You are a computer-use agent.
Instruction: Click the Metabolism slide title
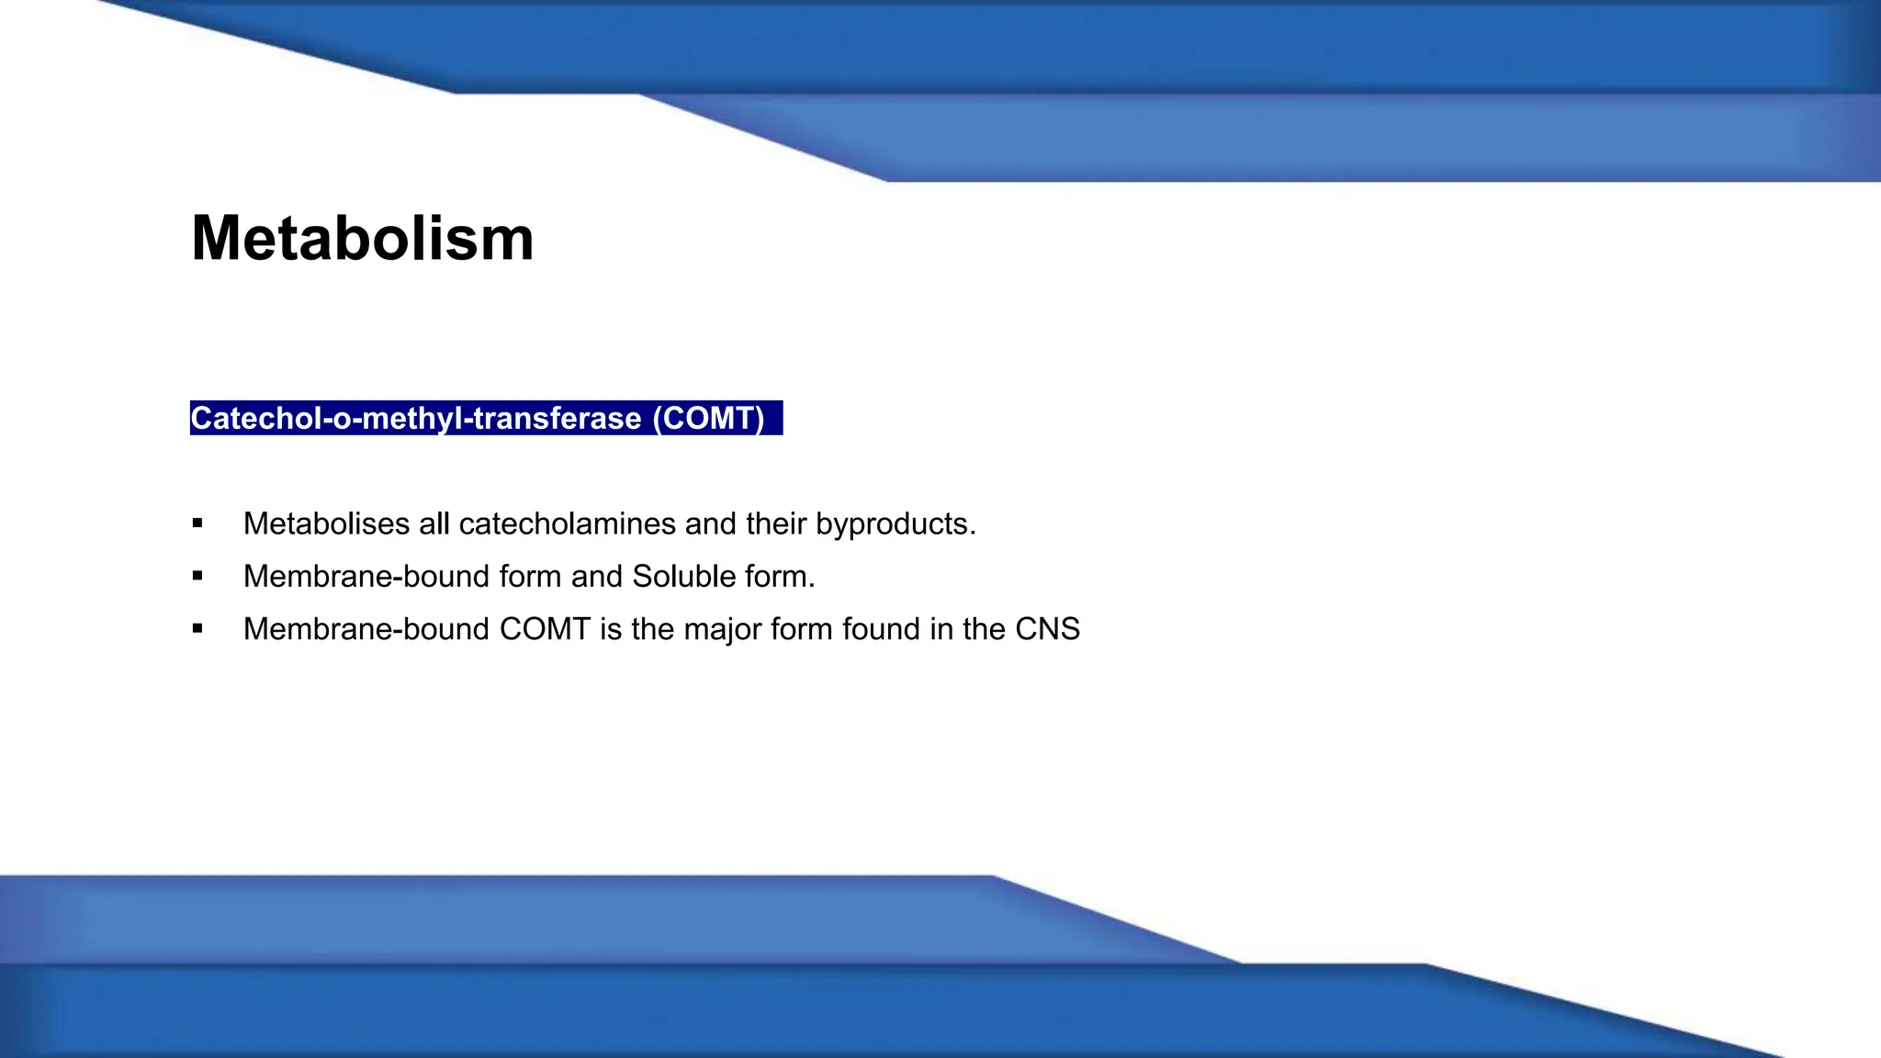pyautogui.click(x=362, y=239)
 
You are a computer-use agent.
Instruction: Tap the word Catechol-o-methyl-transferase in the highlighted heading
pyautogui.click(x=415, y=419)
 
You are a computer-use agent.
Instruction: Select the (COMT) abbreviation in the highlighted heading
pyautogui.click(x=708, y=419)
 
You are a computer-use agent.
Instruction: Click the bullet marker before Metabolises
pyautogui.click(x=197, y=523)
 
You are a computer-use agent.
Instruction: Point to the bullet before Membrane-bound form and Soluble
pyautogui.click(x=197, y=576)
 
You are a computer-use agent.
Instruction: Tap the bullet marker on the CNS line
pyautogui.click(x=197, y=629)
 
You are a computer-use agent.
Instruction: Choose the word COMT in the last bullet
pyautogui.click(x=545, y=629)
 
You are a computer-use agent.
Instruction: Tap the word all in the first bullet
pyautogui.click(x=434, y=523)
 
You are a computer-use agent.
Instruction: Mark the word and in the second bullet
pyautogui.click(x=597, y=576)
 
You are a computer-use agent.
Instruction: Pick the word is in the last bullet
pyautogui.click(x=611, y=629)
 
